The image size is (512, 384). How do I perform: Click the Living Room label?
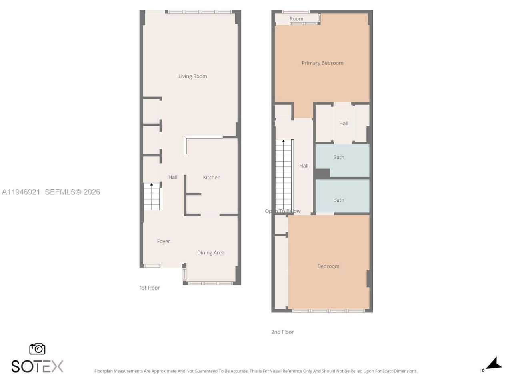[x=192, y=76]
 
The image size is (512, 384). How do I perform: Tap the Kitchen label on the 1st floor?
[x=212, y=178]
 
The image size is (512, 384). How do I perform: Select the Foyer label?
[x=163, y=242]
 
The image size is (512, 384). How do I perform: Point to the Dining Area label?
[x=210, y=253]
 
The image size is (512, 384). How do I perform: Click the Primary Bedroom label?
[x=322, y=63]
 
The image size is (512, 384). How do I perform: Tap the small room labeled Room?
[x=296, y=19]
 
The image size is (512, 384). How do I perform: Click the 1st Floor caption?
[x=149, y=288]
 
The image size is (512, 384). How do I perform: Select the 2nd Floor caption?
[x=282, y=332]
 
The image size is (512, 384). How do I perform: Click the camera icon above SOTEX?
[x=37, y=349]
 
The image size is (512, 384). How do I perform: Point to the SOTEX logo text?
[x=37, y=366]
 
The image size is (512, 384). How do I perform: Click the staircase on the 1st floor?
[x=152, y=197]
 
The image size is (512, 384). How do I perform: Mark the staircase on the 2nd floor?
[x=284, y=176]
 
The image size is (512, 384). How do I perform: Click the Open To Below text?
[x=282, y=211]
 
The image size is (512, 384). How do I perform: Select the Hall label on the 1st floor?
[x=173, y=178]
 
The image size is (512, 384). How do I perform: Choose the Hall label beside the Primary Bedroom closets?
[x=344, y=124]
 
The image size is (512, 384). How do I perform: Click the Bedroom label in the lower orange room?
[x=328, y=266]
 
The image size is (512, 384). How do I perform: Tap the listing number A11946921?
[x=21, y=192]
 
